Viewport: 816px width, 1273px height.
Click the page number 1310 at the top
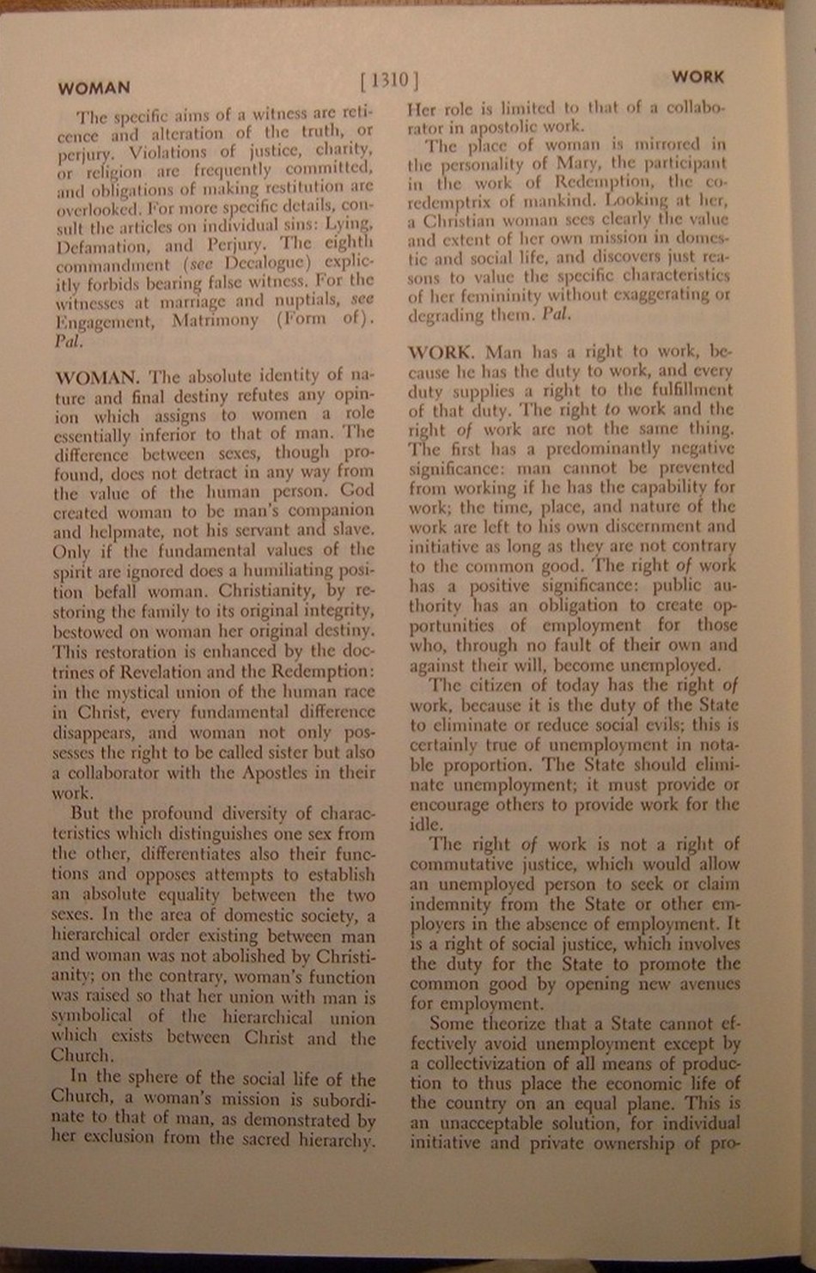coord(391,81)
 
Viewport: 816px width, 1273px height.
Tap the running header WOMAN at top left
coord(94,88)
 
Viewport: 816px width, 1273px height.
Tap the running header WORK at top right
coord(697,77)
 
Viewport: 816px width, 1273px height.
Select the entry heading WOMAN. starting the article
coord(97,377)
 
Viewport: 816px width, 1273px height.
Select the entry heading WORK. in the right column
coord(441,352)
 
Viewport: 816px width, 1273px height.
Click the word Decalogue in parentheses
coord(262,262)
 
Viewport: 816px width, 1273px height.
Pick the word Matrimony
coord(215,320)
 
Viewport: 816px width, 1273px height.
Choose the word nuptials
coord(307,301)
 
